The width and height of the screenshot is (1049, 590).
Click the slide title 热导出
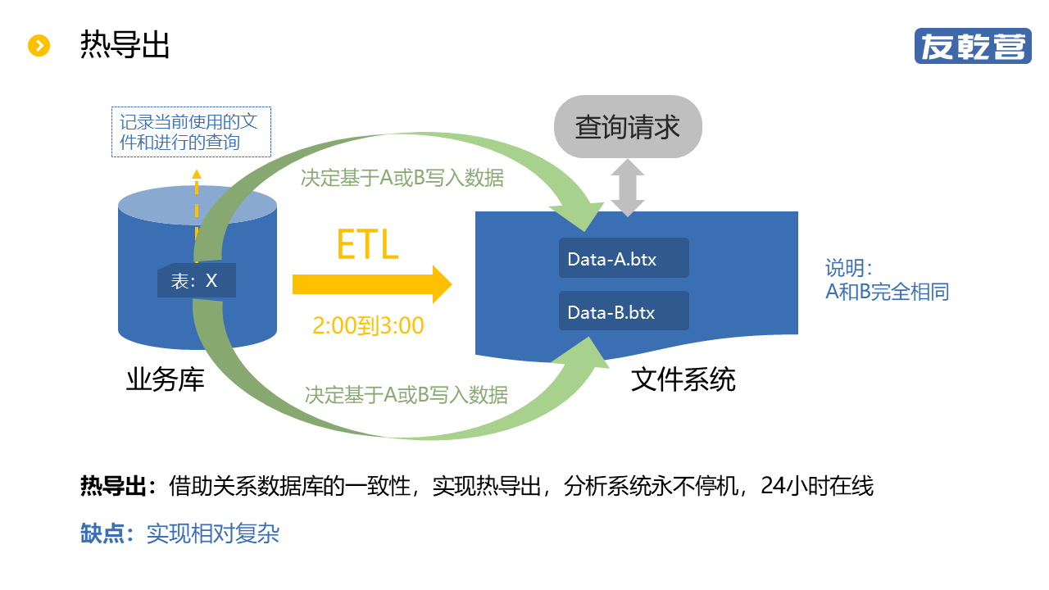pos(125,45)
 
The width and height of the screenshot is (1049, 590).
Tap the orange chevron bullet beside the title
pos(39,45)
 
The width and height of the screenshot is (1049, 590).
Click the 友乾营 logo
pos(973,46)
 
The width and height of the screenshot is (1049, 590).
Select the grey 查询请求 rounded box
pos(628,127)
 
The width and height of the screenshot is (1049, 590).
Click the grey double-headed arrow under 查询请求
pos(628,188)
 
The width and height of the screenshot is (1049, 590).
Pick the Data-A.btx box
pos(624,258)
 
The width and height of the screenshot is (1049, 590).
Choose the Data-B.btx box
pos(624,311)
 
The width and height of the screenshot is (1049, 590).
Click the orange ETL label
pos(367,243)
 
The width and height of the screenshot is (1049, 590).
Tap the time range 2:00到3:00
pos(368,326)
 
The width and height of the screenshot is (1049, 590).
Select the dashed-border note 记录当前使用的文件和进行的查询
pos(191,132)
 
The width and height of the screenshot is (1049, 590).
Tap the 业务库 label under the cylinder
pos(165,379)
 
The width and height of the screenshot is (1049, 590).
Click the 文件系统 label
pos(683,379)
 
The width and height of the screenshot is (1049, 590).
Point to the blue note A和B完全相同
pos(887,291)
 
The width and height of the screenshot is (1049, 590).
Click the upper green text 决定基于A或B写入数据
pos(402,178)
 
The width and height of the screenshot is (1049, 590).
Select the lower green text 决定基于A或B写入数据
pos(406,395)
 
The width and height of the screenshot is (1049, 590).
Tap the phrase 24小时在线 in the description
pos(817,486)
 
